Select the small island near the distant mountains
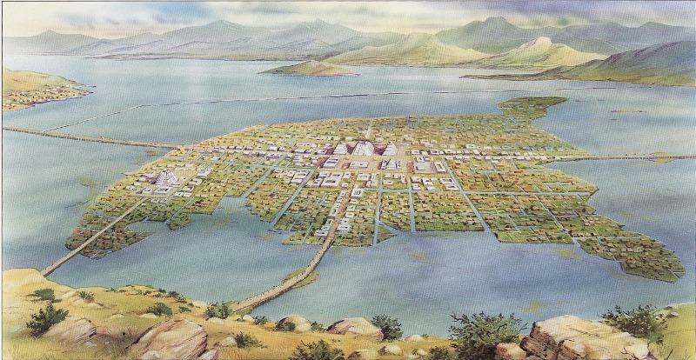tap(309, 68)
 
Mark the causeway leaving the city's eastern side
tap(626, 157)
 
